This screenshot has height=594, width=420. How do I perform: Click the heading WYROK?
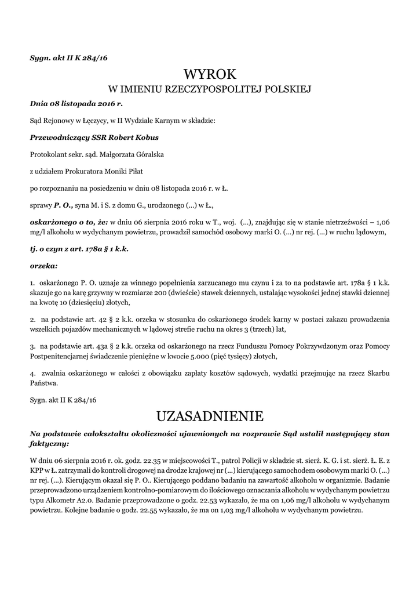point(210,74)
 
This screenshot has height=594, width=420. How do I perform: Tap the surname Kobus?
point(145,138)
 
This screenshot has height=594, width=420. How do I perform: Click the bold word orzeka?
point(43,266)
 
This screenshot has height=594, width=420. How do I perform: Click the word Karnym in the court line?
point(149,121)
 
